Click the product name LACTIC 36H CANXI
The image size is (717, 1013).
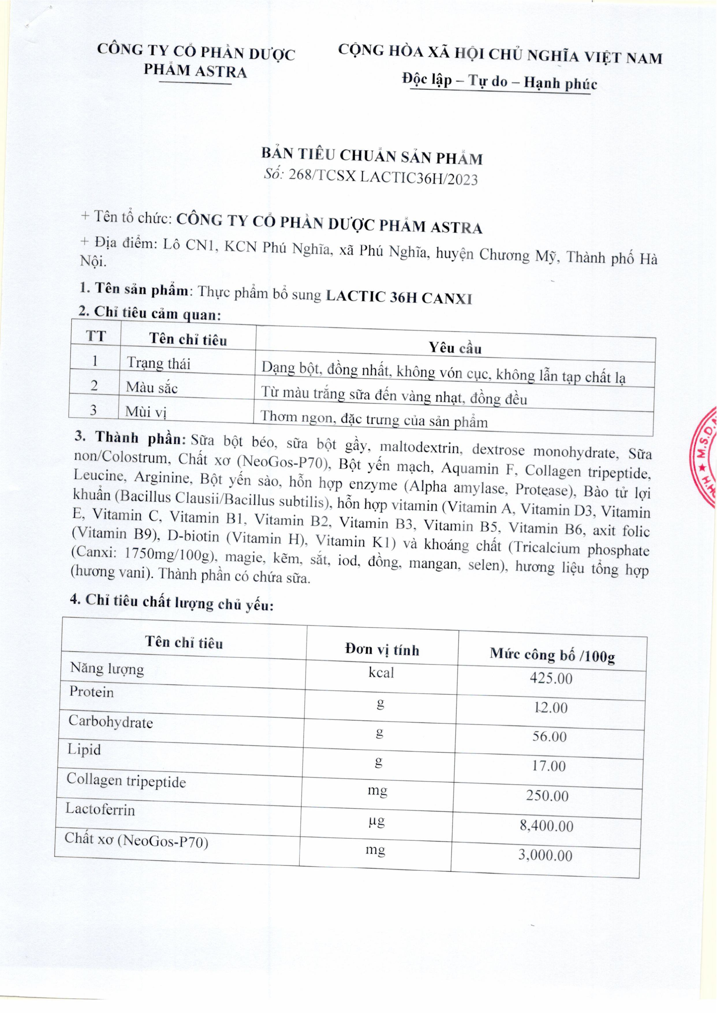point(399,297)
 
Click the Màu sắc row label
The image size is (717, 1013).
point(152,387)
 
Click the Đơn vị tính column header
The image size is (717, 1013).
point(382,650)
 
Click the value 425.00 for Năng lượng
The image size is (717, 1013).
point(551,678)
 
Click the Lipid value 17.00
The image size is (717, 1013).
point(549,766)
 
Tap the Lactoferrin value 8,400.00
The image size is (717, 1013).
point(547,826)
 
